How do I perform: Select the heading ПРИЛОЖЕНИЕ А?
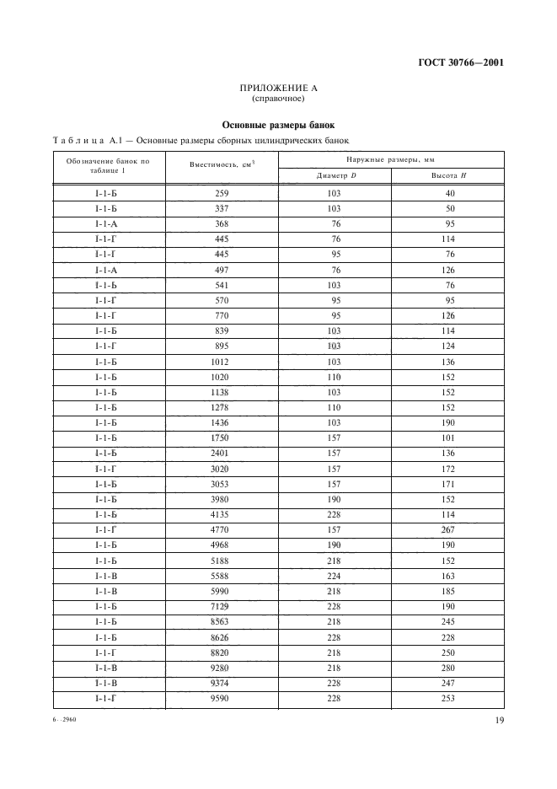[277, 89]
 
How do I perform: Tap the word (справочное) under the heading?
[277, 99]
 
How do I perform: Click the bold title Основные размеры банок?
[278, 125]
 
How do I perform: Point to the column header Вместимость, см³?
[222, 166]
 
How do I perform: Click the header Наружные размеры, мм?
[391, 158]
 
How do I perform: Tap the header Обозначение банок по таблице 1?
[110, 166]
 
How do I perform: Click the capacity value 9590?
[222, 698]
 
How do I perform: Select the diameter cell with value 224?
[334, 576]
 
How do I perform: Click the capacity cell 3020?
[222, 469]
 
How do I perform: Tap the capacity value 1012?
[222, 362]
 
